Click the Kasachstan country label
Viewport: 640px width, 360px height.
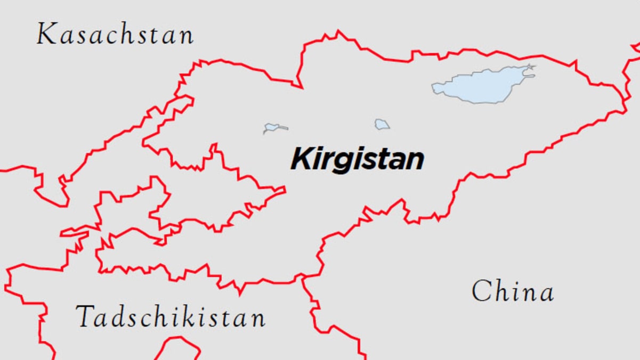pyautogui.click(x=115, y=35)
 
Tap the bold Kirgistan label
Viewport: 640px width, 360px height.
pyautogui.click(x=357, y=159)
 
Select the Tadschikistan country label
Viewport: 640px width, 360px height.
pyautogui.click(x=170, y=317)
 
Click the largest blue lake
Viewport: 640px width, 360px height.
pyautogui.click(x=482, y=85)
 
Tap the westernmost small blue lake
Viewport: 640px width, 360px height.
pyautogui.click(x=273, y=128)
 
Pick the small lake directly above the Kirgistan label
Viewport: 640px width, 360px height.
pyautogui.click(x=382, y=125)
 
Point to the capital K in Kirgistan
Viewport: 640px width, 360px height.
pyautogui.click(x=301, y=159)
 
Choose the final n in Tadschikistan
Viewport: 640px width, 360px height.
pyautogui.click(x=257, y=319)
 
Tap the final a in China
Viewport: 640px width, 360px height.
pyautogui.click(x=546, y=293)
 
